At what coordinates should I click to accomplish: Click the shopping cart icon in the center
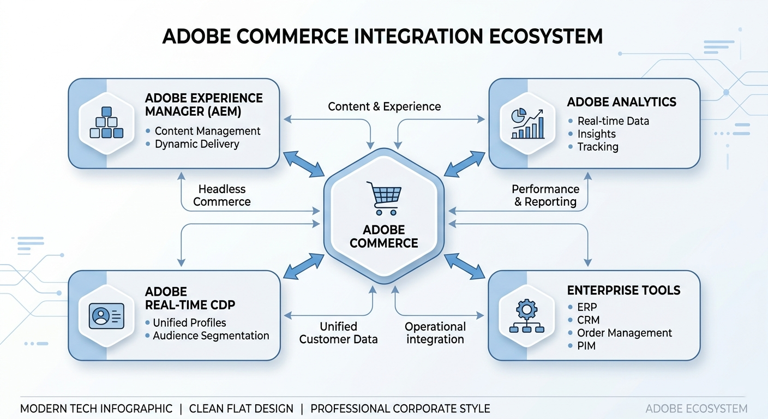(x=384, y=198)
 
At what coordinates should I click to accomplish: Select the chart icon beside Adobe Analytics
(x=527, y=123)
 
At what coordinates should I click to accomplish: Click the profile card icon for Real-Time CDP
(x=106, y=315)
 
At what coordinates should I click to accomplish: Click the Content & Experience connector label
(x=384, y=106)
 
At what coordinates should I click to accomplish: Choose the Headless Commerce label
(x=222, y=195)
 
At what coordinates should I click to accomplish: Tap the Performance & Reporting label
(x=545, y=195)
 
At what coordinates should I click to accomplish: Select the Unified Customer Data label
(x=338, y=333)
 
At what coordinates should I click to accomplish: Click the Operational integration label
(x=435, y=333)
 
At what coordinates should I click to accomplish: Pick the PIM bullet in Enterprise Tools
(x=586, y=346)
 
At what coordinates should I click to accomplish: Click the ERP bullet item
(x=587, y=307)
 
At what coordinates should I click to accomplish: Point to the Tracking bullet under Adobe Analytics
(x=598, y=147)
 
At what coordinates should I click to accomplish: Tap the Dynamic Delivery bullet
(x=197, y=144)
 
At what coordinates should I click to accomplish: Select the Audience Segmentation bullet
(x=211, y=336)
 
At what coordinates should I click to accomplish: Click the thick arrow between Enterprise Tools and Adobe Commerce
(x=465, y=266)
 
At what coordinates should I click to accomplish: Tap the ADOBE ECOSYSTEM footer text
(x=696, y=409)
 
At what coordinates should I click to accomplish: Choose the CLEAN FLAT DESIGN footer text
(x=241, y=409)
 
